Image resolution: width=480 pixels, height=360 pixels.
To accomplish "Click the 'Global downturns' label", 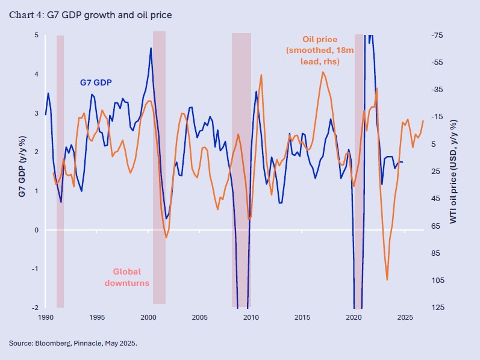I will (x=127, y=277).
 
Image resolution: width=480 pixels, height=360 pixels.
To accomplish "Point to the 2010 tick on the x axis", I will (x=251, y=316).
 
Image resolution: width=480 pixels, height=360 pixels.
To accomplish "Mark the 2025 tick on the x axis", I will (x=405, y=316).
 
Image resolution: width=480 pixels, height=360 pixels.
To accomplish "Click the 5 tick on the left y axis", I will (x=36, y=36).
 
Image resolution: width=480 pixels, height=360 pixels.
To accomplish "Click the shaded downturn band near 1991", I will (x=60, y=172).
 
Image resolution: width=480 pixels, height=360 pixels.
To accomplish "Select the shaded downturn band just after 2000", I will (x=159, y=172).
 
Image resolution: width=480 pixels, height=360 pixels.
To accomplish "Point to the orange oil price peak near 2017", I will (x=323, y=72).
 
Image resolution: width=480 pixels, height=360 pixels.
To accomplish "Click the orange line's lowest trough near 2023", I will (x=387, y=279).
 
